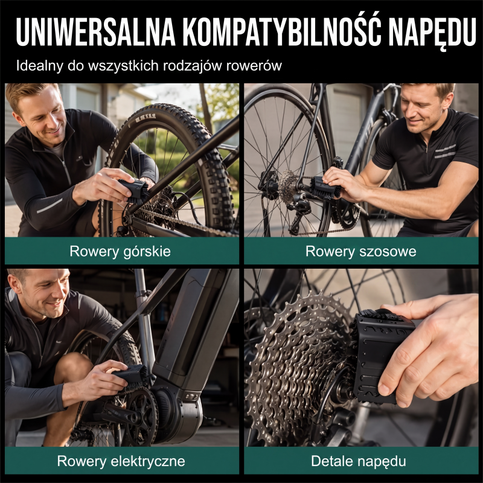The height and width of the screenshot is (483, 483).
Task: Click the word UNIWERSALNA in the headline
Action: (96, 31)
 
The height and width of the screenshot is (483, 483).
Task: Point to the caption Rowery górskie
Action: (120, 251)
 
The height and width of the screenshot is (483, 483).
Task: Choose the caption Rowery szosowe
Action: (360, 251)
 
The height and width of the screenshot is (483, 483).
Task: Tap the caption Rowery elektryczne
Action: (121, 461)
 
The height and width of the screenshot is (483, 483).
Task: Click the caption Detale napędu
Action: (358, 461)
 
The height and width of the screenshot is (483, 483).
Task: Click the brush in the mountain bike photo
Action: (135, 191)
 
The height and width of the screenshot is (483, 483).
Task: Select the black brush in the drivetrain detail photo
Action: (382, 354)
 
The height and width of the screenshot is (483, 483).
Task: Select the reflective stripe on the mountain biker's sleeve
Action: (49, 206)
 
